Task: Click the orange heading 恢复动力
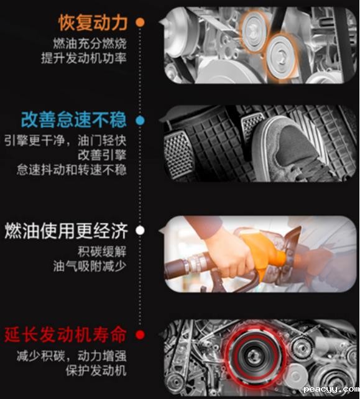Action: pyautogui.click(x=93, y=23)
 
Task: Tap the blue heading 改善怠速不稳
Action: pyautogui.click(x=74, y=119)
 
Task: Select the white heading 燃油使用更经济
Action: pyautogui.click(x=66, y=231)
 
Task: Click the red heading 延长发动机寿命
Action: pyautogui.click(x=65, y=334)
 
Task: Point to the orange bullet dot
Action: pyautogui.click(x=140, y=22)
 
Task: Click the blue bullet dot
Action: pyautogui.click(x=140, y=121)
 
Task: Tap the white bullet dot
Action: pyautogui.click(x=140, y=231)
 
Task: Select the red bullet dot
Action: pyautogui.click(x=140, y=334)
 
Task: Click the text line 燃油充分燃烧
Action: pyautogui.click(x=90, y=44)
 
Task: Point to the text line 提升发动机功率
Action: pyautogui.click(x=84, y=58)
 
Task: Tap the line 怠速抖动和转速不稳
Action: pyautogui.click(x=72, y=170)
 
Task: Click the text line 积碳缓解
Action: pyautogui.click(x=102, y=252)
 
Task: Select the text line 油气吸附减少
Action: pyautogui.click(x=90, y=267)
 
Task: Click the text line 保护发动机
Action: pyautogui.click(x=96, y=370)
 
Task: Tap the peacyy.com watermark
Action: pyautogui.click(x=331, y=389)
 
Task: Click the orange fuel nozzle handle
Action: pyautogui.click(x=265, y=250)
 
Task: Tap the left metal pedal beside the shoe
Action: pyautogui.click(x=178, y=154)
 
